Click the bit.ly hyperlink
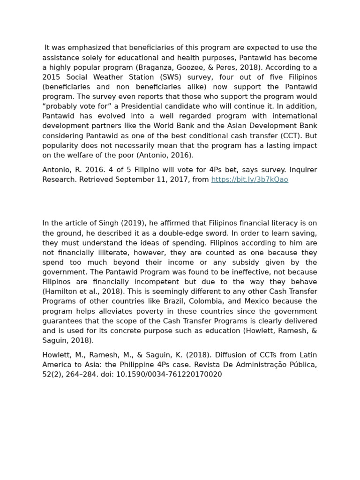click(249, 180)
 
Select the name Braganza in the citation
click(153, 67)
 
